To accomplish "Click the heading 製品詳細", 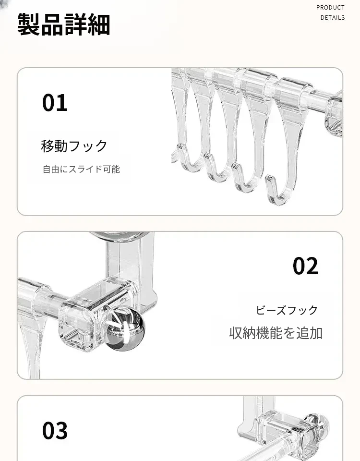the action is point(64,24).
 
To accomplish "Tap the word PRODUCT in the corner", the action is point(330,8).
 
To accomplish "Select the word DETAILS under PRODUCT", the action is point(333,18).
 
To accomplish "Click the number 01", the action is point(55,103).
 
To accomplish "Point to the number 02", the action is point(305,266).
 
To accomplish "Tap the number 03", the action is point(55,430).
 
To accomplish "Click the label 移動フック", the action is point(74,146).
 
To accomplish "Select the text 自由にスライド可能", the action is point(82,170).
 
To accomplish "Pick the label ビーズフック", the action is point(287,310).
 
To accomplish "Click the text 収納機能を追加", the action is point(276,333).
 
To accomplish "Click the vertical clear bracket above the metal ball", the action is point(131,265).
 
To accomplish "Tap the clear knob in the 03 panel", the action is point(315,426).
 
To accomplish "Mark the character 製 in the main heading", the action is point(28,24).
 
